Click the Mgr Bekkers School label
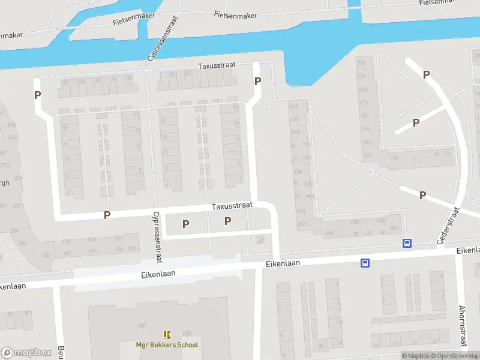pyautogui.click(x=166, y=345)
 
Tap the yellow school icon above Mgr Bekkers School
pyautogui.click(x=167, y=335)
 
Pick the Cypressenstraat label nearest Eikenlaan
pyautogui.click(x=157, y=238)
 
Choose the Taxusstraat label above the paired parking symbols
pyautogui.click(x=232, y=206)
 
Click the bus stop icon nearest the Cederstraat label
pyautogui.click(x=407, y=243)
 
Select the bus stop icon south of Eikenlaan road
pyautogui.click(x=365, y=263)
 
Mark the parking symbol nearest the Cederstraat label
pyautogui.click(x=422, y=195)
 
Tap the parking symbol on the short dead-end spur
pyautogui.click(x=416, y=122)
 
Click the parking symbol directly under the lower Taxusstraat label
pyautogui.click(x=227, y=221)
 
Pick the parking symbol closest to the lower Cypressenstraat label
pyautogui.click(x=186, y=224)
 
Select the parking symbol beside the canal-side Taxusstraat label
pyautogui.click(x=258, y=82)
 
